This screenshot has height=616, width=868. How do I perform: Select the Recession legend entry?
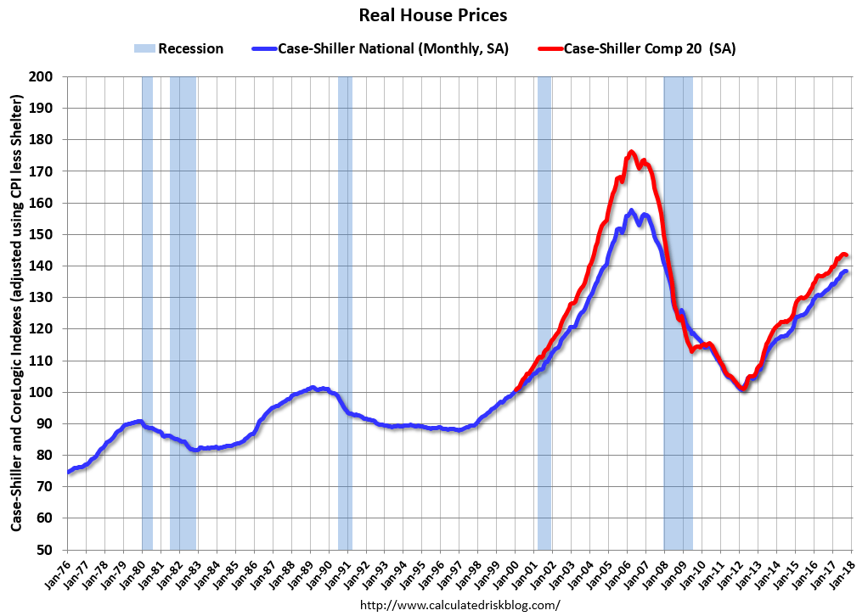pyautogui.click(x=178, y=48)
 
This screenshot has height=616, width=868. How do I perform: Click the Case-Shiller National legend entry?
pyautogui.click(x=380, y=48)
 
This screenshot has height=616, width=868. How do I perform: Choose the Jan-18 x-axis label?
pyautogui.click(x=842, y=572)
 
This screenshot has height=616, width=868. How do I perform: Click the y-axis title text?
pyautogui.click(x=17, y=314)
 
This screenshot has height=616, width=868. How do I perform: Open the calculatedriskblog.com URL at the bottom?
pyautogui.click(x=460, y=605)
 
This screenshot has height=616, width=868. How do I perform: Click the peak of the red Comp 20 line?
pyautogui.click(x=631, y=152)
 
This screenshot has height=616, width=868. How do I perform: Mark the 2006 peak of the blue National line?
pyautogui.click(x=631, y=210)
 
